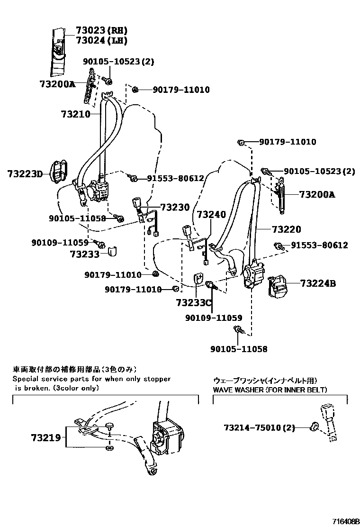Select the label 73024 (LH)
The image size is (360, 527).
point(101,41)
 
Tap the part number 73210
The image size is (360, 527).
point(75,114)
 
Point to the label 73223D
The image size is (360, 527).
point(25,174)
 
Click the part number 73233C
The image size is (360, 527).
point(194,302)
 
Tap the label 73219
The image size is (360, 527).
point(46,437)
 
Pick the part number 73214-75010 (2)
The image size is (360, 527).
point(259,428)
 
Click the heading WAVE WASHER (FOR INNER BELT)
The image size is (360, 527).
point(270,390)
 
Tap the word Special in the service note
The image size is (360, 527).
point(27,379)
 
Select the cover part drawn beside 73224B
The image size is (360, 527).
point(280,287)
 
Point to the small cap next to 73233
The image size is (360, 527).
point(113,250)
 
